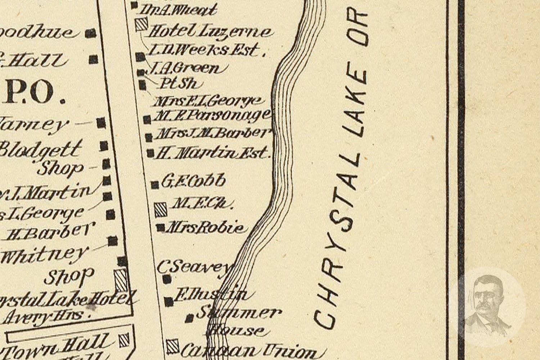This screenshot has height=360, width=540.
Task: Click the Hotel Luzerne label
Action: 209,32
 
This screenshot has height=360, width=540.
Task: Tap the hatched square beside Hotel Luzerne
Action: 141,25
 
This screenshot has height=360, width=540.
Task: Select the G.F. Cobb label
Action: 193,181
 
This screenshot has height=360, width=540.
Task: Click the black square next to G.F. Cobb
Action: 155,185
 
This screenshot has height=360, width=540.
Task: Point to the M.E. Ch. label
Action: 202,204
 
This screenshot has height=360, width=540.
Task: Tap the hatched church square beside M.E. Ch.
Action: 161,209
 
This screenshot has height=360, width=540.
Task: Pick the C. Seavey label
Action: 193,267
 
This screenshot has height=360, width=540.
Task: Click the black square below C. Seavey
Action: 167,279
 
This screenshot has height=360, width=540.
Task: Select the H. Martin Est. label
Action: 212,153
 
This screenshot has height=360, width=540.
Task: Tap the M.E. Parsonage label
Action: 212,116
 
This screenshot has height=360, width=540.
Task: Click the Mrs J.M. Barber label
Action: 212,134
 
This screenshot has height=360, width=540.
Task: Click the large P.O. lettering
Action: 35,93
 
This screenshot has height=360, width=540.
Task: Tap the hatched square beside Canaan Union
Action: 173,346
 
